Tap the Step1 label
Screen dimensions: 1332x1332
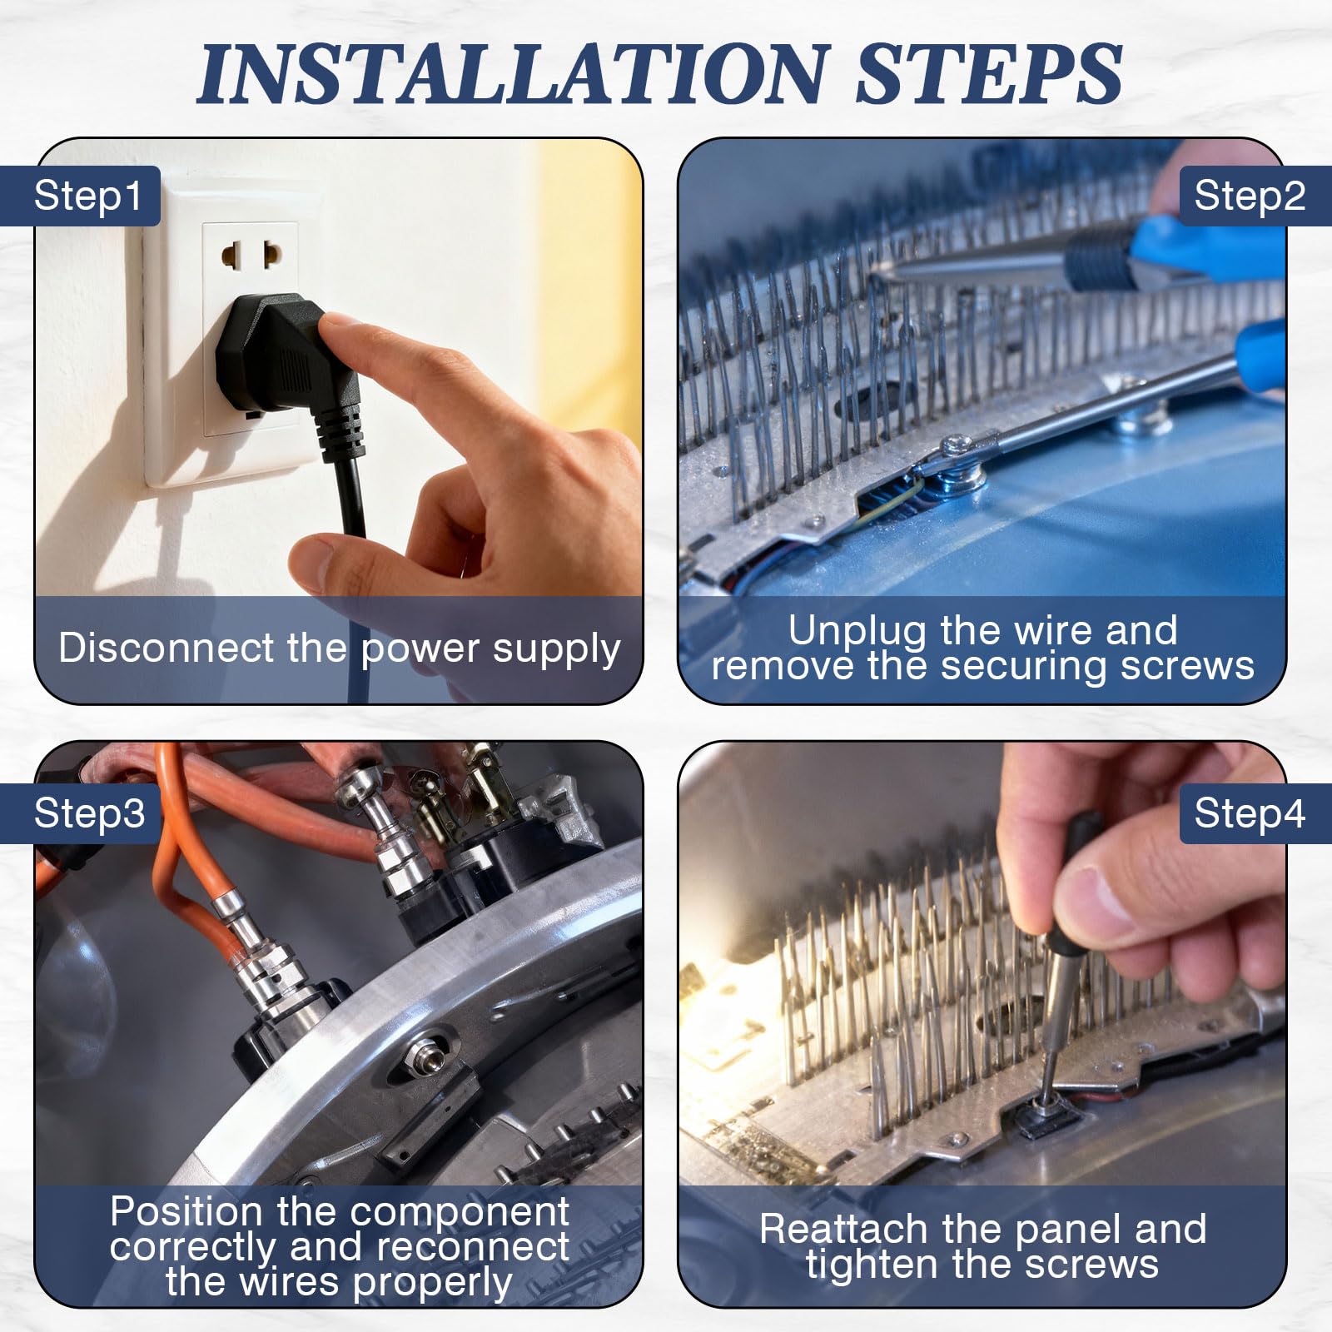pos(87,196)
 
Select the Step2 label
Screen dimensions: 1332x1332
pos(1250,196)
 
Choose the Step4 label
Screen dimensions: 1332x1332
pos(1250,813)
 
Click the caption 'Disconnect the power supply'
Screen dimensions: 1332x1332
pos(340,649)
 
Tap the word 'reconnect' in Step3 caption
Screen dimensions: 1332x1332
pos(473,1247)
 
